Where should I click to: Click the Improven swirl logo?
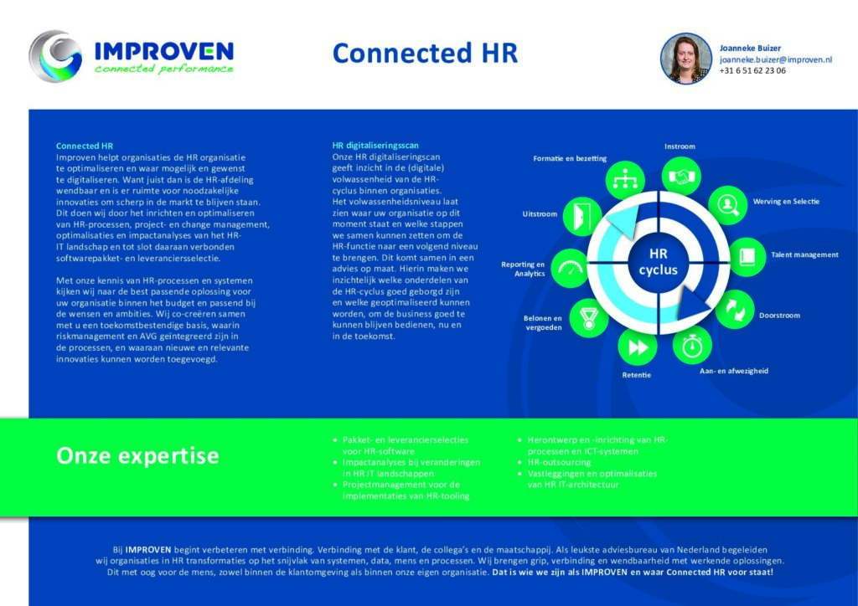(55, 56)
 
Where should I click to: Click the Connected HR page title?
(425, 54)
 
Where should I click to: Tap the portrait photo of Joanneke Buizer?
(686, 59)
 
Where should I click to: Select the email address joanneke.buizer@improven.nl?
(775, 59)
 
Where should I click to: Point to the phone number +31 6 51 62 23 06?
(752, 70)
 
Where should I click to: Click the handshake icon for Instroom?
(681, 177)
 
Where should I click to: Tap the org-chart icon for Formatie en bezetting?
(625, 178)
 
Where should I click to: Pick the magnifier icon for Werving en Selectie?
(728, 205)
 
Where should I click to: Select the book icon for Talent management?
(747, 256)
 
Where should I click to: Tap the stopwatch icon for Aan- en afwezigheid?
(692, 346)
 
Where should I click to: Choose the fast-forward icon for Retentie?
(638, 347)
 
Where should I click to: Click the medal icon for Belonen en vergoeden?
(589, 318)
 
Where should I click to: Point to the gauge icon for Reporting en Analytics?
(570, 269)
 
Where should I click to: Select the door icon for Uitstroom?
(582, 217)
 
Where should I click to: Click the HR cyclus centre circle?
(659, 262)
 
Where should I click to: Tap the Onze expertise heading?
(137, 455)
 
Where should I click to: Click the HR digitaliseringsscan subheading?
(375, 146)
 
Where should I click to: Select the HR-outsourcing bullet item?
(559, 462)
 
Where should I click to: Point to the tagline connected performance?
(163, 69)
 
